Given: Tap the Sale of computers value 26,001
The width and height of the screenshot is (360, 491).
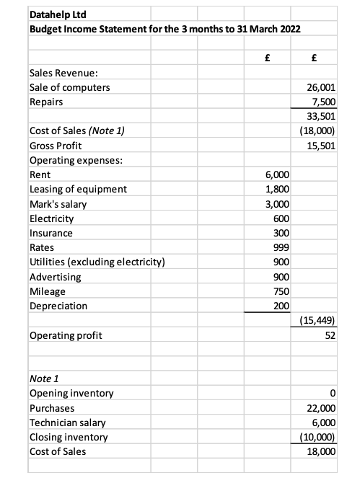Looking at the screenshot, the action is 322,88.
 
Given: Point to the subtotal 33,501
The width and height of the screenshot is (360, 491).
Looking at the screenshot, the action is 322,117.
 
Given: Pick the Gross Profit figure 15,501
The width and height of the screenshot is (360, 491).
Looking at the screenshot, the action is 322,146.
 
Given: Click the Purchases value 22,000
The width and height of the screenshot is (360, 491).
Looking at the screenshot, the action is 322,408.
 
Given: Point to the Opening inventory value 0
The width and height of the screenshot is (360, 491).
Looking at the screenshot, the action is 333,394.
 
